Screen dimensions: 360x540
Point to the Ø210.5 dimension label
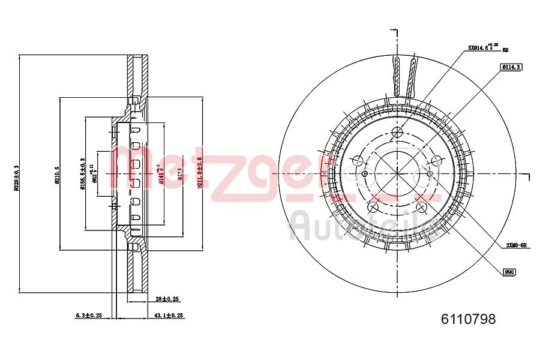pos(58,174)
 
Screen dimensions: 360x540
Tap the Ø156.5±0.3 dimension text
pos(83,174)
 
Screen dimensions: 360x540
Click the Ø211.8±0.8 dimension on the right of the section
pos(199,174)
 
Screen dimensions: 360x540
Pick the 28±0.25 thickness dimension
pos(168,298)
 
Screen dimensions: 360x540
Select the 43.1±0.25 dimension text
pos(169,315)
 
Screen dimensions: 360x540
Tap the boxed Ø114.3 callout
pos(511,67)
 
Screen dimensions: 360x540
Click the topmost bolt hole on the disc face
pos(397,133)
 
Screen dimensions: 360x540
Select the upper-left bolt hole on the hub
pos(358,160)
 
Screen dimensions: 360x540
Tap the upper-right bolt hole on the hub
pos(436,160)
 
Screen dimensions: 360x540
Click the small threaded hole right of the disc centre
pos(430,173)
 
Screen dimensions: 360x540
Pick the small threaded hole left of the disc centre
pos(364,173)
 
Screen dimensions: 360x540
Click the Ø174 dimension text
pos(179,174)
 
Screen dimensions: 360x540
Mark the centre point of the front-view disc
pos(397,173)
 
